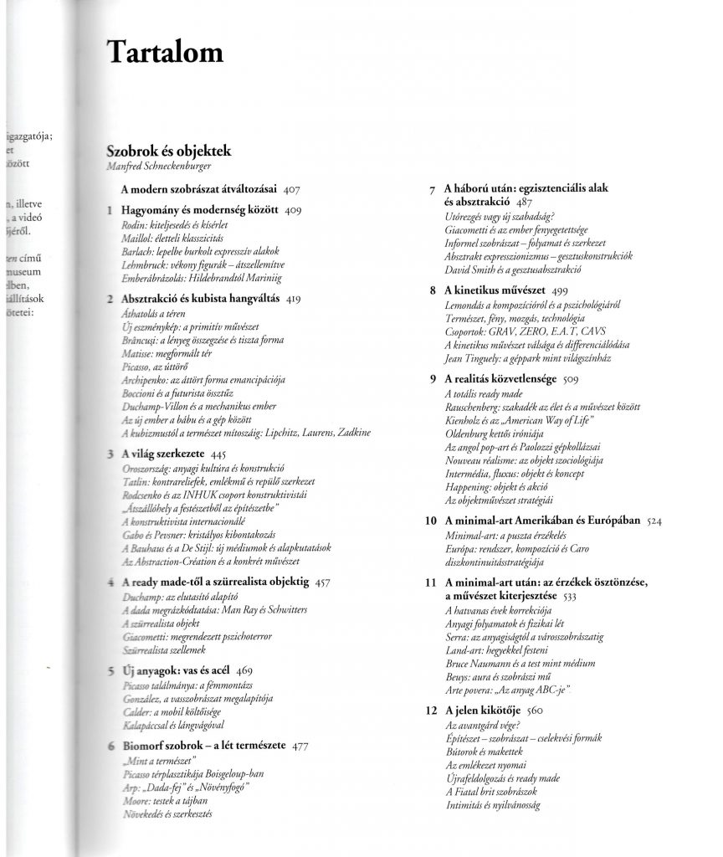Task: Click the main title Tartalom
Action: (165, 54)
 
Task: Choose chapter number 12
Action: (430, 711)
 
